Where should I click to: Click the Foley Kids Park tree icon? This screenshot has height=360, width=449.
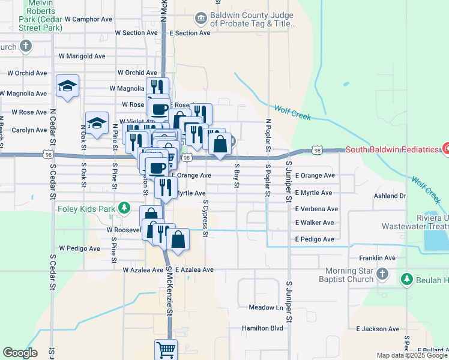pyautogui.click(x=124, y=208)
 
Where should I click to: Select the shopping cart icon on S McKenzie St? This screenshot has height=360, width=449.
pyautogui.click(x=166, y=349)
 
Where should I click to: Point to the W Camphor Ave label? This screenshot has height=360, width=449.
pyautogui.click(x=89, y=19)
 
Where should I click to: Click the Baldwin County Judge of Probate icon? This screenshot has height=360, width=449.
pyautogui.click(x=201, y=19)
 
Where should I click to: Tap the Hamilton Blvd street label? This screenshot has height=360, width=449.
pyautogui.click(x=262, y=328)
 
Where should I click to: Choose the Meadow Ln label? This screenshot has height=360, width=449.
pyautogui.click(x=266, y=307)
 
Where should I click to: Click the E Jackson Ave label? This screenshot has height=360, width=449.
pyautogui.click(x=378, y=329)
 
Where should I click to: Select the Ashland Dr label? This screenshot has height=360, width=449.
pyautogui.click(x=390, y=196)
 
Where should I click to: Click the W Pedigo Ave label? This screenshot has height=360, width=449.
pyautogui.click(x=80, y=248)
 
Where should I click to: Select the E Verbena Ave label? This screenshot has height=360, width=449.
pyautogui.click(x=316, y=209)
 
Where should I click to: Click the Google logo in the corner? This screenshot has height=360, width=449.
pyautogui.click(x=19, y=353)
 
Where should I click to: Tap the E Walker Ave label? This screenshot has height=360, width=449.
pyautogui.click(x=314, y=223)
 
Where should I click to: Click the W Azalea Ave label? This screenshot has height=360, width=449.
pyautogui.click(x=142, y=270)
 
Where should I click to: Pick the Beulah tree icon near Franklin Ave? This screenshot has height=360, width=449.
pyautogui.click(x=406, y=279)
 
